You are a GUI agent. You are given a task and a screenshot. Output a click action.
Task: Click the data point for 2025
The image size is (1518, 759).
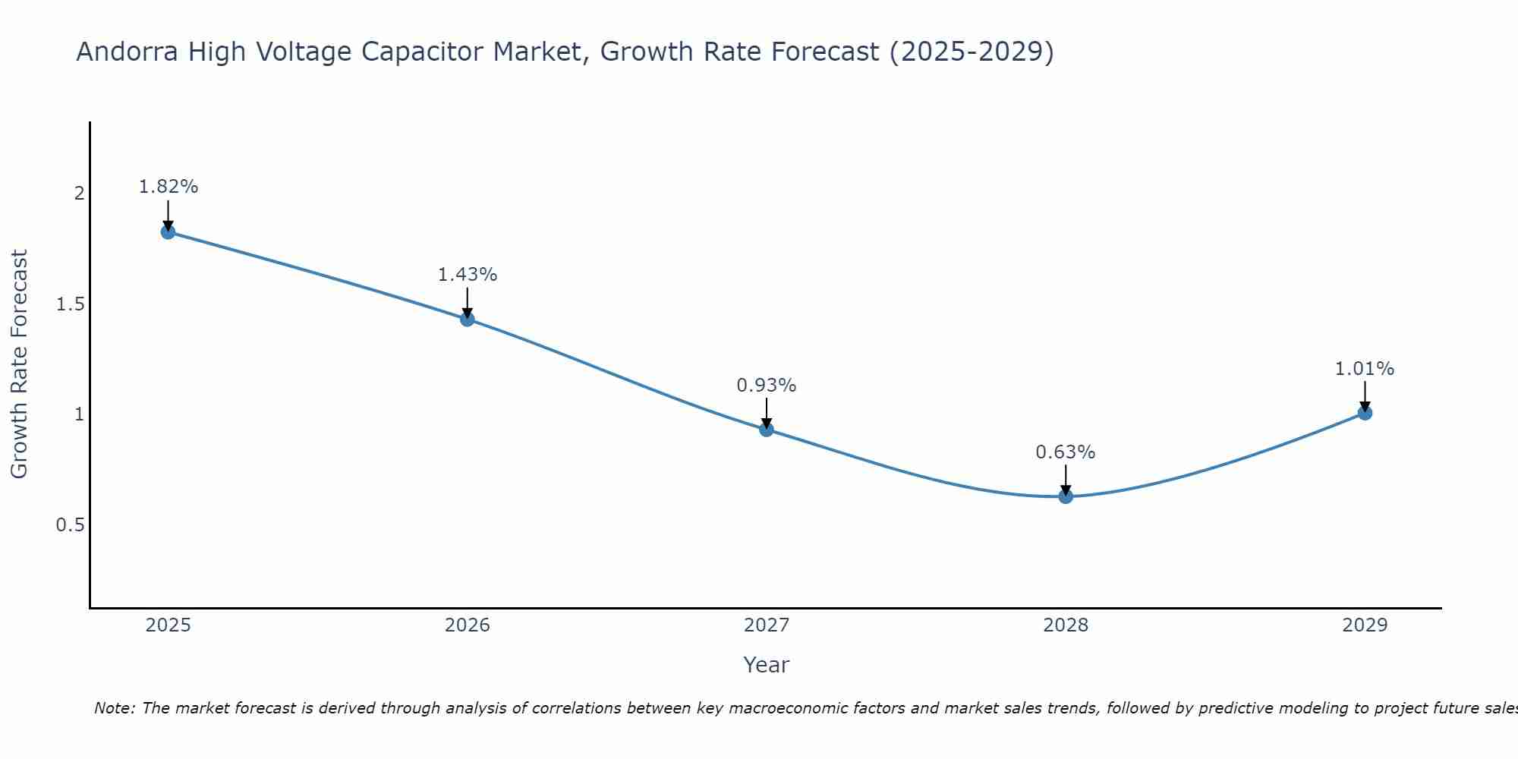(x=168, y=231)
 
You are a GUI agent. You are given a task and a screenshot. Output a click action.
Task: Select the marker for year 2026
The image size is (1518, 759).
(x=468, y=319)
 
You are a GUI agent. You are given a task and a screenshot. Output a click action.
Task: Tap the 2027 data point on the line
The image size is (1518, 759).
(x=767, y=430)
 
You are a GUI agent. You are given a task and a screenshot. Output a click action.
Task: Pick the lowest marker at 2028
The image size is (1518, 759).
(x=1066, y=496)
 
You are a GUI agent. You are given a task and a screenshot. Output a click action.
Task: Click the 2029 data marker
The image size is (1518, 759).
(x=1365, y=413)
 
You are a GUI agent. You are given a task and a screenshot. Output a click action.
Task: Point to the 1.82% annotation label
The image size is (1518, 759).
(x=168, y=187)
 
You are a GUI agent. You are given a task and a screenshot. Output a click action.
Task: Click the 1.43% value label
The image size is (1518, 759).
(x=468, y=275)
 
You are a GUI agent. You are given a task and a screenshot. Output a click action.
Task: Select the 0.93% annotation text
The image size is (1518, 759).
(x=767, y=386)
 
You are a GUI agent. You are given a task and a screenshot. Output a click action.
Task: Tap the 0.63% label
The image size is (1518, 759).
(x=1066, y=452)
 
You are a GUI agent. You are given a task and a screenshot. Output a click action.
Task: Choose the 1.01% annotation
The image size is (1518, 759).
(x=1365, y=369)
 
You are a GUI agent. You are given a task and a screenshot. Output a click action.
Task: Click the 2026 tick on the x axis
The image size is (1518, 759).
(x=468, y=625)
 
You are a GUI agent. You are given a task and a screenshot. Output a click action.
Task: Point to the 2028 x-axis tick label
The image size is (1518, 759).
(x=1066, y=625)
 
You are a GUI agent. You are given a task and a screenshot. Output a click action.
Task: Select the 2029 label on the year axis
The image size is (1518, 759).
(x=1365, y=625)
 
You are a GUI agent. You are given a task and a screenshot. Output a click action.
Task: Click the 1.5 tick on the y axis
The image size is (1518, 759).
(x=70, y=304)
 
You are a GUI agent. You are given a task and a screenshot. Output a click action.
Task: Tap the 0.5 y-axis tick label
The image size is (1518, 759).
(x=70, y=525)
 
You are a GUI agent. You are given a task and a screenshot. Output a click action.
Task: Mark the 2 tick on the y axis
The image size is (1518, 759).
(x=79, y=194)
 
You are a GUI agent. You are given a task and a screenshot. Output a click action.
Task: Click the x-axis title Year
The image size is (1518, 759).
(x=767, y=665)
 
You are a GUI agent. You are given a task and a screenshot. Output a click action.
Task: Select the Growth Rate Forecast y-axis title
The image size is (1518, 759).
(x=20, y=364)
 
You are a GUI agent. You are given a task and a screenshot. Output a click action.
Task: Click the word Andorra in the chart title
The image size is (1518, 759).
(x=128, y=52)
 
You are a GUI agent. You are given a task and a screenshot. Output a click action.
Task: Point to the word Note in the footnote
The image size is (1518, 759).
(x=114, y=708)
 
